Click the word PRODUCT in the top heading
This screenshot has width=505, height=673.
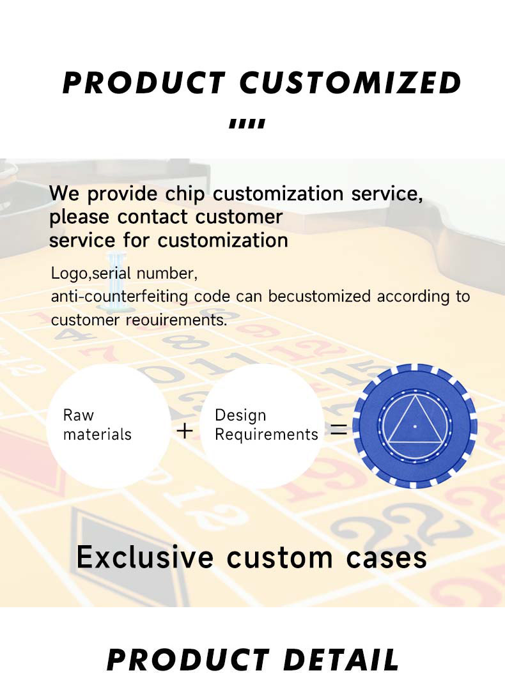tap(144, 83)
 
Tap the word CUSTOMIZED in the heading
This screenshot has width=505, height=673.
tap(350, 83)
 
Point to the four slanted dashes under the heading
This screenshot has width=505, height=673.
tap(247, 124)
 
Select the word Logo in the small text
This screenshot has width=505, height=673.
tap(69, 274)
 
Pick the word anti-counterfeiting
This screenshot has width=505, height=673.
tap(120, 297)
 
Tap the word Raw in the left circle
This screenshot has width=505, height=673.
tap(78, 415)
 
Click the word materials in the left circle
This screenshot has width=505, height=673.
tap(97, 435)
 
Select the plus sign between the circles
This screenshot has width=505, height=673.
tap(185, 431)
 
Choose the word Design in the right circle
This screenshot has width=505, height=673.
tap(240, 415)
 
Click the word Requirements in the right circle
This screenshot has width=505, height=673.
tap(266, 435)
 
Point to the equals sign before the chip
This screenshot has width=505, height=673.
tap(339, 430)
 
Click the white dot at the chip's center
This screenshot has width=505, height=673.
tap(415, 427)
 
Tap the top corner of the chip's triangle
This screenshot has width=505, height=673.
tap(415, 396)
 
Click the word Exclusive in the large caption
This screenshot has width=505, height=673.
tap(145, 557)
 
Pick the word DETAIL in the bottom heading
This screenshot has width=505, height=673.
tap(341, 660)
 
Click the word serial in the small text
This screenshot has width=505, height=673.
tap(111, 274)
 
